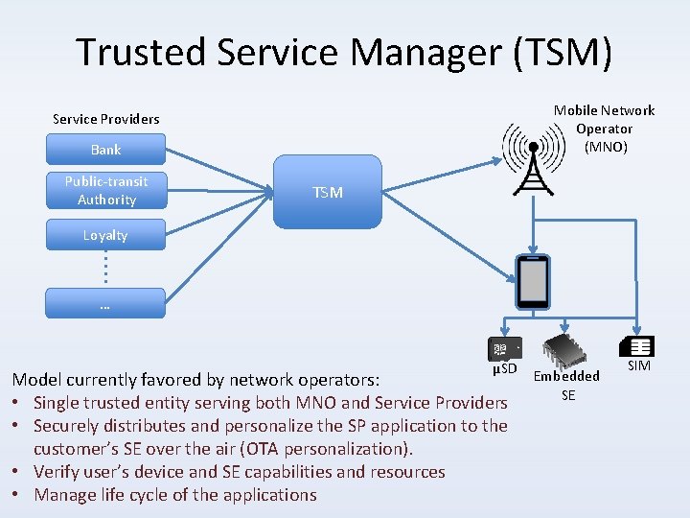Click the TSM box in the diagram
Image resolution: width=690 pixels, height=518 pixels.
[328, 193]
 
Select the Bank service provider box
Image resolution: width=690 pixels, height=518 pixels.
[105, 150]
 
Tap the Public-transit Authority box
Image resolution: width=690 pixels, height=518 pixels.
[106, 190]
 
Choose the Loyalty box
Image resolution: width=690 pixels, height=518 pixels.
[105, 235]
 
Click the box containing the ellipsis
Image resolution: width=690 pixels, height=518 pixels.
[105, 304]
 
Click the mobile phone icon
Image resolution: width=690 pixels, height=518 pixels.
[532, 282]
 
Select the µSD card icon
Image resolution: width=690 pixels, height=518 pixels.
[504, 349]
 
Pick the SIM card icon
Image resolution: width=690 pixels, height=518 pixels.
[637, 346]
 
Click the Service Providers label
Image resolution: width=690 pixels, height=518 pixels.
[105, 119]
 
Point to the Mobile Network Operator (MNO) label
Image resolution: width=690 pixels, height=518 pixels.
[604, 129]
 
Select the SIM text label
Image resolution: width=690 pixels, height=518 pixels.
[638, 366]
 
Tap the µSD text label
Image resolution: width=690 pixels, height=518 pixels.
[504, 369]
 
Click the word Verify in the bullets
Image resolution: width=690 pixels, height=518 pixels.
[57, 472]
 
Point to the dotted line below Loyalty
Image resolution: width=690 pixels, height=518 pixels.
[105, 266]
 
